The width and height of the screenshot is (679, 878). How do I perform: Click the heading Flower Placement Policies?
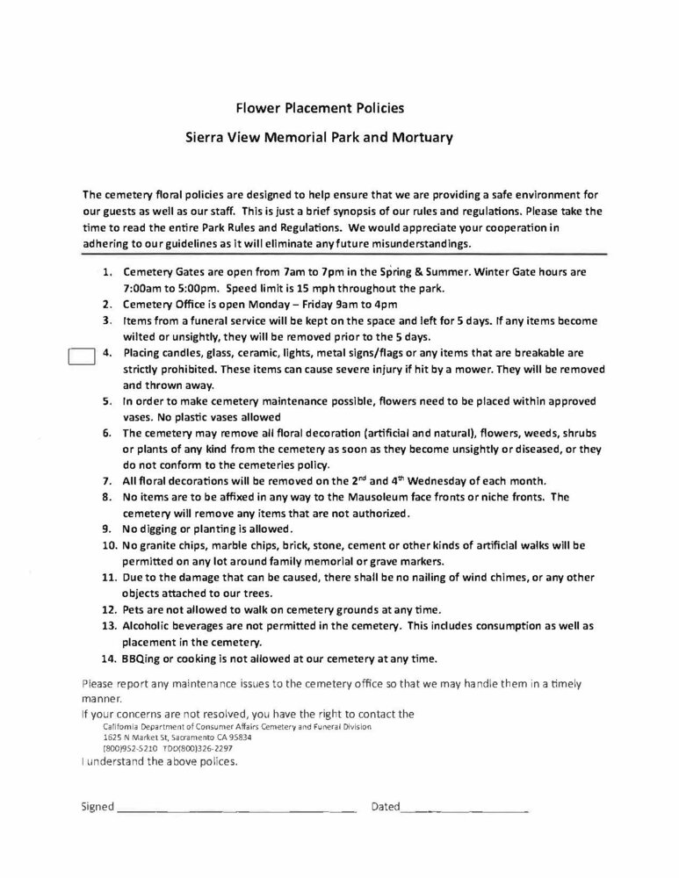[x=320, y=109]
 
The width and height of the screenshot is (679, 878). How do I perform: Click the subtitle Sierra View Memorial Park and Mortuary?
[x=320, y=138]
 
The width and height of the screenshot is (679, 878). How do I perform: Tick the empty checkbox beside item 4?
[x=82, y=356]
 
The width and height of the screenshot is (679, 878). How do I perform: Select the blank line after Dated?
[x=465, y=808]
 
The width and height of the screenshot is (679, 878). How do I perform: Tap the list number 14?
[x=110, y=659]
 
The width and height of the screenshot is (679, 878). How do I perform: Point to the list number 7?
[x=105, y=481]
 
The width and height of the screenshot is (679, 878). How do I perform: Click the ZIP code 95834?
[x=238, y=738]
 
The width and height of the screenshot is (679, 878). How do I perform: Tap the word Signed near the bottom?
[x=97, y=807]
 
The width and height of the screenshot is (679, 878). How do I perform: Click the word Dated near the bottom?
[x=386, y=807]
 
